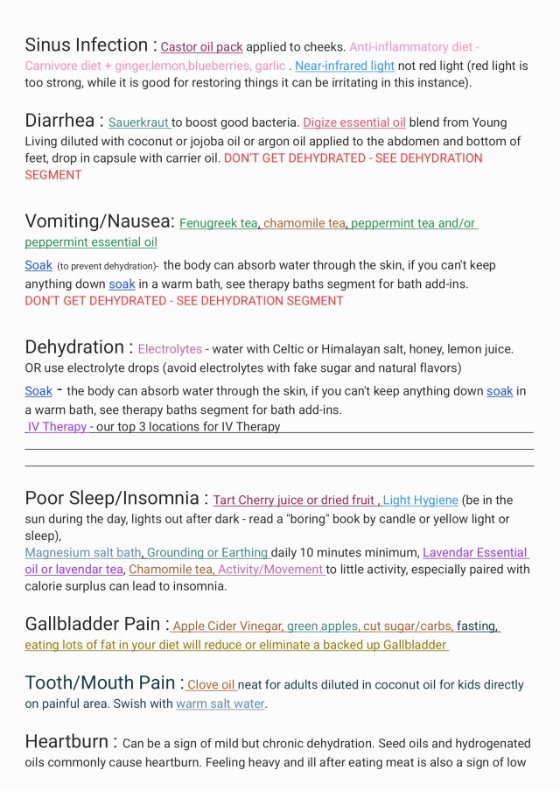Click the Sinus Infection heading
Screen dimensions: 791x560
point(87,45)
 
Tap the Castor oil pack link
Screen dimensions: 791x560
point(201,47)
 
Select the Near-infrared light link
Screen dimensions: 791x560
point(345,66)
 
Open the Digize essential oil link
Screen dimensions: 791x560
point(354,123)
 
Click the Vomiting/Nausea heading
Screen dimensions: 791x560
point(99,221)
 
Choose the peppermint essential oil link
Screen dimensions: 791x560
point(91,242)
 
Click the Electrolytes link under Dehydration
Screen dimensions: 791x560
point(170,349)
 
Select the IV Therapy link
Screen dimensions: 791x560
point(57,427)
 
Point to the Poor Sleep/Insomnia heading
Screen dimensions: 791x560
point(112,499)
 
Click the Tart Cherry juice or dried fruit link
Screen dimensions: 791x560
point(295,500)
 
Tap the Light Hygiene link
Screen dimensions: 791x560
point(420,500)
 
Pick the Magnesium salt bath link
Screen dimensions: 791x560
point(83,553)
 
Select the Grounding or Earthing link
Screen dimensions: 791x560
point(207,553)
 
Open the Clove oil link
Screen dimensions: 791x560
point(211,685)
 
